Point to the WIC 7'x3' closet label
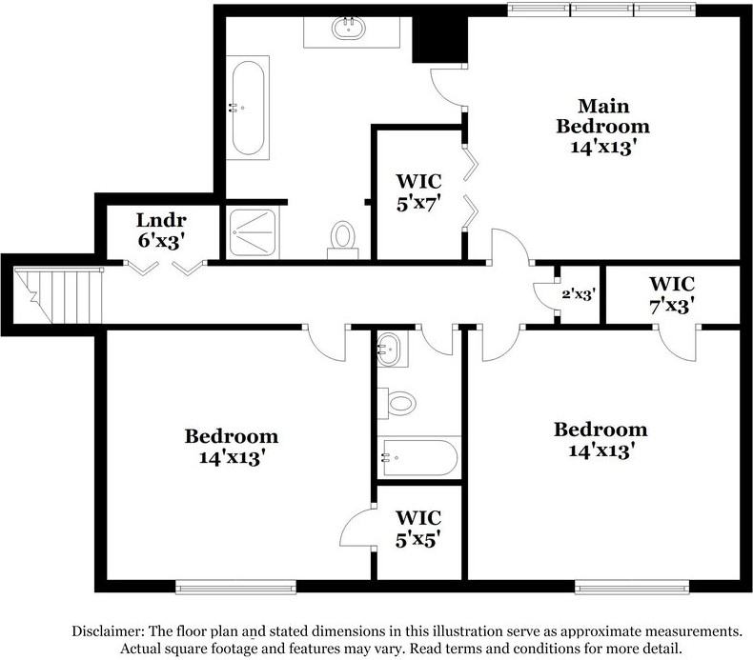click(671, 294)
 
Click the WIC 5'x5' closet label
click(418, 529)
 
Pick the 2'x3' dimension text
click(578, 294)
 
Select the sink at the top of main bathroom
click(349, 30)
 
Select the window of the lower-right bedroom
click(632, 585)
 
